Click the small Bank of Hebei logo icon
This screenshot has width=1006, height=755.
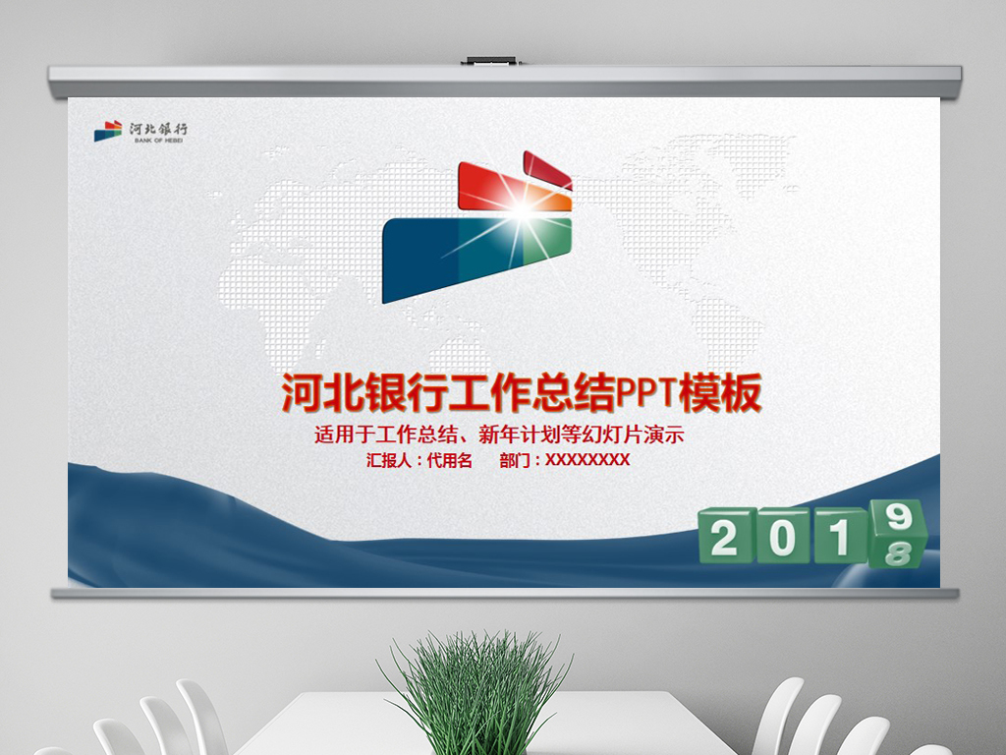pyautogui.click(x=108, y=132)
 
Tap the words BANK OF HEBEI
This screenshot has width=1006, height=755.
pyautogui.click(x=156, y=141)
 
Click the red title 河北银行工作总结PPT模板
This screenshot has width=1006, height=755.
pyautogui.click(x=522, y=394)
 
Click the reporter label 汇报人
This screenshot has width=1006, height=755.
pyautogui.click(x=389, y=460)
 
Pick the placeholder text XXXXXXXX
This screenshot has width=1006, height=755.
pyautogui.click(x=587, y=460)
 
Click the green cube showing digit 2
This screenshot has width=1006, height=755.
pyautogui.click(x=725, y=538)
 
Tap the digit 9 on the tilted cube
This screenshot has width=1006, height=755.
pyautogui.click(x=896, y=517)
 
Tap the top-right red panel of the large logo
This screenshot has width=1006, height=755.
pyautogui.click(x=546, y=170)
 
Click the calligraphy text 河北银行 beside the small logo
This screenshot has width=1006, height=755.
pyautogui.click(x=158, y=128)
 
